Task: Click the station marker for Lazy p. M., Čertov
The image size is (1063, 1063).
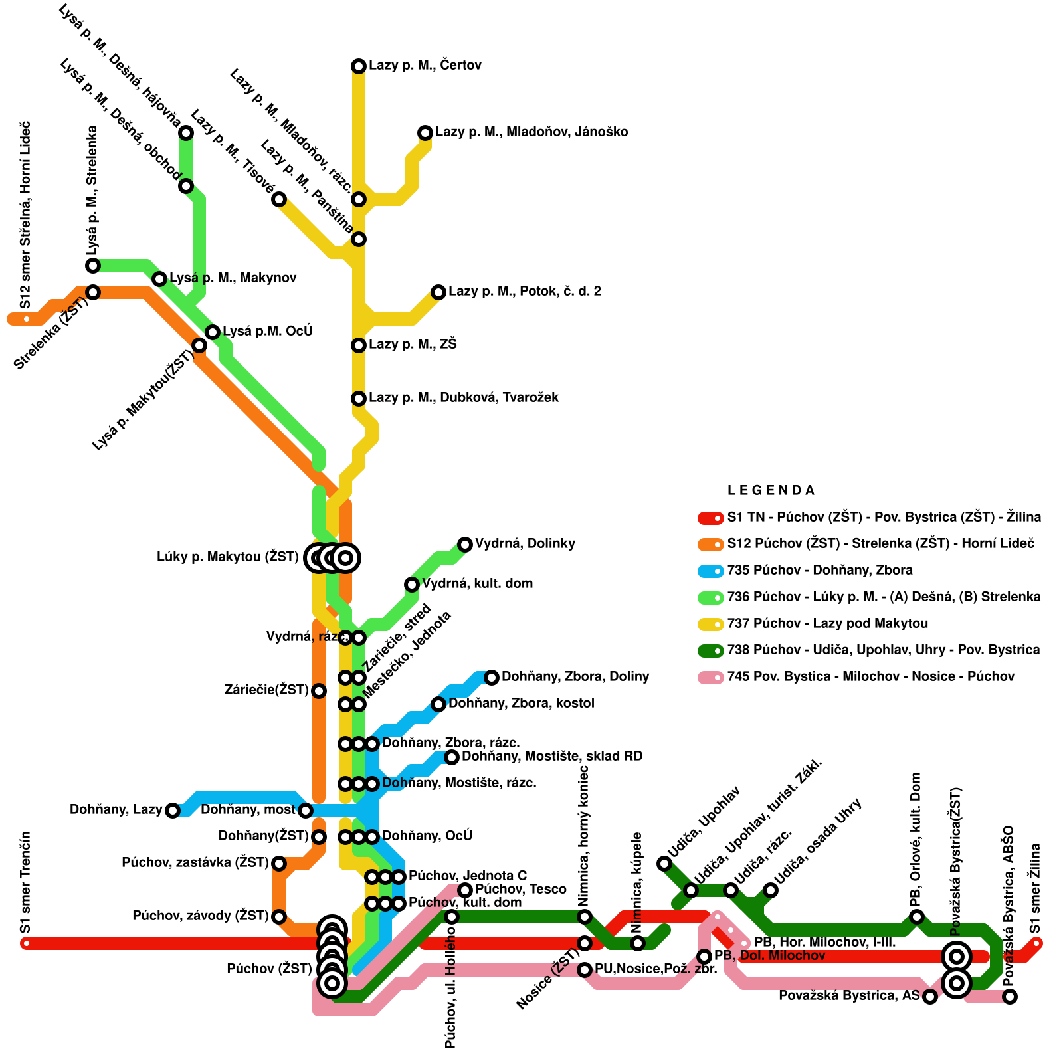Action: (359, 66)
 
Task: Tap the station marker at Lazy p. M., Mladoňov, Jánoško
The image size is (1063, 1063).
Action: (425, 132)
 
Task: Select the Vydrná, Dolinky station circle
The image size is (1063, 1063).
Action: (465, 544)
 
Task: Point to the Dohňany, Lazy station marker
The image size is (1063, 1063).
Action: (173, 810)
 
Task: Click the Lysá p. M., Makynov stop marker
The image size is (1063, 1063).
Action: (159, 278)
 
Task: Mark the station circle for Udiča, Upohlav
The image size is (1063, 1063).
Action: (664, 863)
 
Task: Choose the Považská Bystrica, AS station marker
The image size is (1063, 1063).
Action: (930, 996)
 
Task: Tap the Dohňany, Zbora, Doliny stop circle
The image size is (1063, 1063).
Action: (492, 677)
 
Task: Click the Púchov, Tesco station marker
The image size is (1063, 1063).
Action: (465, 890)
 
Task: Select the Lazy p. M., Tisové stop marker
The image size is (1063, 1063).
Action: (279, 199)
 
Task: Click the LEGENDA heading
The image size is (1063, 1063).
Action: (771, 491)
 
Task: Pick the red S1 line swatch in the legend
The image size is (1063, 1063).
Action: (710, 518)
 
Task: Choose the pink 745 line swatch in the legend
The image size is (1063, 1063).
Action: (710, 677)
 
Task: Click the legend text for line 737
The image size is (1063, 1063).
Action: (827, 624)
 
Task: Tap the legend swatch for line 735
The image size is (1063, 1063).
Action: (710, 571)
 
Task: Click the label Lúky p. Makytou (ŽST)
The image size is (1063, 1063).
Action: (227, 557)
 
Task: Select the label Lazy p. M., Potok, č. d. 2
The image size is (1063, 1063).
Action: (525, 292)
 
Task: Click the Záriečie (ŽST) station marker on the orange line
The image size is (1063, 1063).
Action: (319, 690)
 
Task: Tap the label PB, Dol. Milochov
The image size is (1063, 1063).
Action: (769, 956)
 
